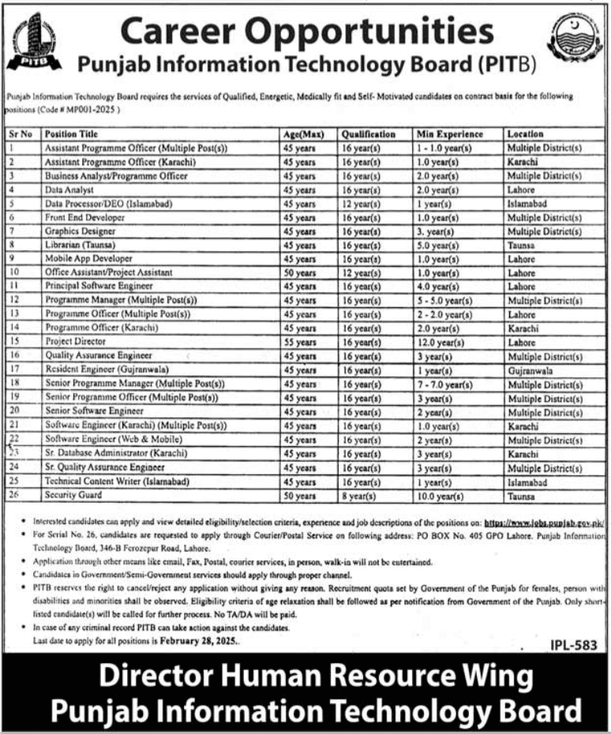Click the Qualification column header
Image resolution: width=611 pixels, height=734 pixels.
click(365, 134)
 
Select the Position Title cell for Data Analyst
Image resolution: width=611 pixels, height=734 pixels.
click(70, 190)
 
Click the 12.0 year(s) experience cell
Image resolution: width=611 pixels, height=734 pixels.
click(438, 343)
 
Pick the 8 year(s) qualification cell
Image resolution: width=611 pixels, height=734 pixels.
click(359, 496)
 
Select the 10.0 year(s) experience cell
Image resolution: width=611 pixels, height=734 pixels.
click(438, 496)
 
